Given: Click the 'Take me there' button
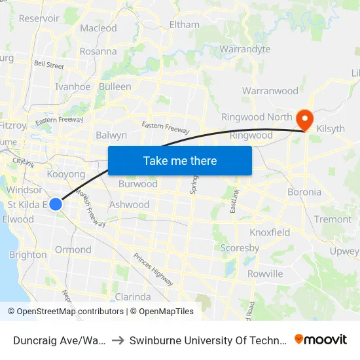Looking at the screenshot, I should pos(180,160).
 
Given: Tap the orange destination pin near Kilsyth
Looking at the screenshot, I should pos(304,118).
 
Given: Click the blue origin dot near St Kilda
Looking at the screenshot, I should pos(56,204).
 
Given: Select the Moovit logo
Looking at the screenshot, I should pos(321,340).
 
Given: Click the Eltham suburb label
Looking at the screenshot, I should pos(184,25).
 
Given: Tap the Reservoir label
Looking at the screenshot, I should pos(39,18).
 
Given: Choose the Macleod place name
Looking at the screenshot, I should pos(98,28).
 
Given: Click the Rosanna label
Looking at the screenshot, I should pos(98,51).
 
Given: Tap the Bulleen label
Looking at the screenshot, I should pos(115,86).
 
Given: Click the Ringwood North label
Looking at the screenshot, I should pos(257,117).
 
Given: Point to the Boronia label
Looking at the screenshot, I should pos(304,192).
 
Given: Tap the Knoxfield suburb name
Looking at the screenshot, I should pos(270,232).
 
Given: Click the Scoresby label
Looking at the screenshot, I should pos(240,248).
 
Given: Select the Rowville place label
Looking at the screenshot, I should pos(265,274).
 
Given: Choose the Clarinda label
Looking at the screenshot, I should pos(133,297).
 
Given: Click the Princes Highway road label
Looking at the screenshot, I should pos(153,270).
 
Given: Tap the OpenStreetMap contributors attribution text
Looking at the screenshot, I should pos(70,312).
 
